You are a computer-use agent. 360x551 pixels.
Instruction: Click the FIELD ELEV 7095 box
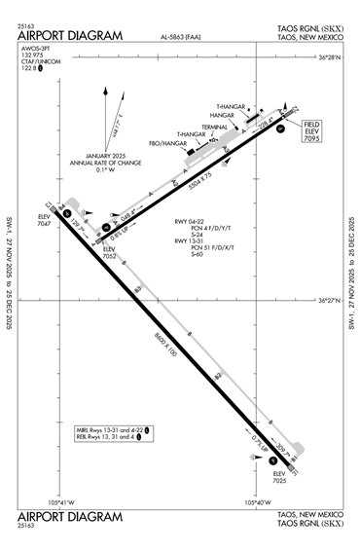[x=311, y=132]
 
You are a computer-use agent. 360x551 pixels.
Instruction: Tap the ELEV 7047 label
[x=43, y=219]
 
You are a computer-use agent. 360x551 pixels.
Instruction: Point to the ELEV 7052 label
[x=110, y=252]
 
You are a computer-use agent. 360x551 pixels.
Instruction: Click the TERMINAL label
[x=215, y=127]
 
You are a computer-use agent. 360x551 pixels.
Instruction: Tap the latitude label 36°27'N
[x=332, y=302]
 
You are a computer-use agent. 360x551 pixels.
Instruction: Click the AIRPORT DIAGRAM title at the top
[x=70, y=36]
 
